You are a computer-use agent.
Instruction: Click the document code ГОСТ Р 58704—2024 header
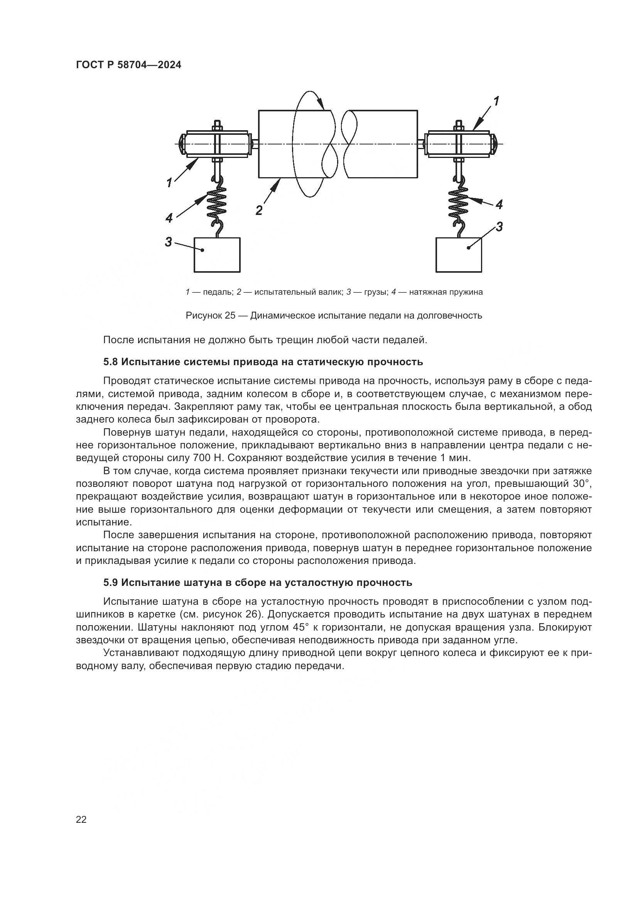pos(128,65)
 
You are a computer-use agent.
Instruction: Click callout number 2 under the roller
pos(259,211)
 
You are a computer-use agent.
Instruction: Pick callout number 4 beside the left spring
pos(169,218)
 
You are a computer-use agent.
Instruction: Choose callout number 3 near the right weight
pos(499,227)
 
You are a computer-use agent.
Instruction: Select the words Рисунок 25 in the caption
pos(210,315)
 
